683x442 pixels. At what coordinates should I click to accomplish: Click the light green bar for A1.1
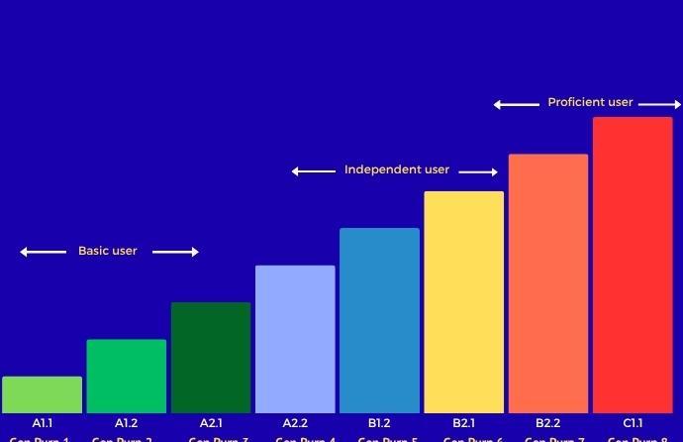point(42,394)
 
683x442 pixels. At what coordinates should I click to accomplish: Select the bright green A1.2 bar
point(126,377)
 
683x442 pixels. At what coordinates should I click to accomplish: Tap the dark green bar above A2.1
point(210,358)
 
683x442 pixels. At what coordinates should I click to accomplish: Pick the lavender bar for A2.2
point(295,339)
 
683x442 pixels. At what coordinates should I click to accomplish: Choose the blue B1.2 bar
point(379,320)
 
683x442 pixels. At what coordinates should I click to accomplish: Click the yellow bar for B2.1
point(463,302)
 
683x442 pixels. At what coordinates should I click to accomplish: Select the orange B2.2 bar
point(547,283)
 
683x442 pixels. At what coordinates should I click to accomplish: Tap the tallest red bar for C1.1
point(633,265)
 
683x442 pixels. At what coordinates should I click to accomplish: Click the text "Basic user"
point(108,251)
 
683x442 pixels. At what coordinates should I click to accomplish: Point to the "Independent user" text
point(397,169)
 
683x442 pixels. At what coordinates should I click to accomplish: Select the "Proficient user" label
point(590,102)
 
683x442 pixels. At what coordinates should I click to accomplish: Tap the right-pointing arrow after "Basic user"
point(176,252)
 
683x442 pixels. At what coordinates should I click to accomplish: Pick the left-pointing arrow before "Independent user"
point(313,171)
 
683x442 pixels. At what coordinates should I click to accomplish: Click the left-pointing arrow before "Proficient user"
point(516,104)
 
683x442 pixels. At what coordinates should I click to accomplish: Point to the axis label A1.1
point(42,423)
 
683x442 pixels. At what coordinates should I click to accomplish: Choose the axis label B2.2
point(547,423)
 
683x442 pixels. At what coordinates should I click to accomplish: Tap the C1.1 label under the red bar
point(633,423)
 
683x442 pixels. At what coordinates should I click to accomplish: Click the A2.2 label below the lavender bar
point(295,423)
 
